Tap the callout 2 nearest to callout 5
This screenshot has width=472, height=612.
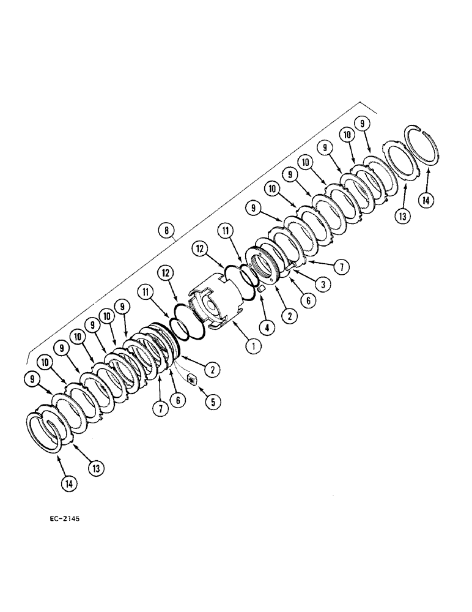tap(213, 370)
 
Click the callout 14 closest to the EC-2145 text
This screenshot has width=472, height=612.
tap(69, 483)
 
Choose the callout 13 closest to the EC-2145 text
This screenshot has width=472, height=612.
tap(95, 468)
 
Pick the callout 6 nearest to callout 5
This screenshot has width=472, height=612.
tap(177, 400)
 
